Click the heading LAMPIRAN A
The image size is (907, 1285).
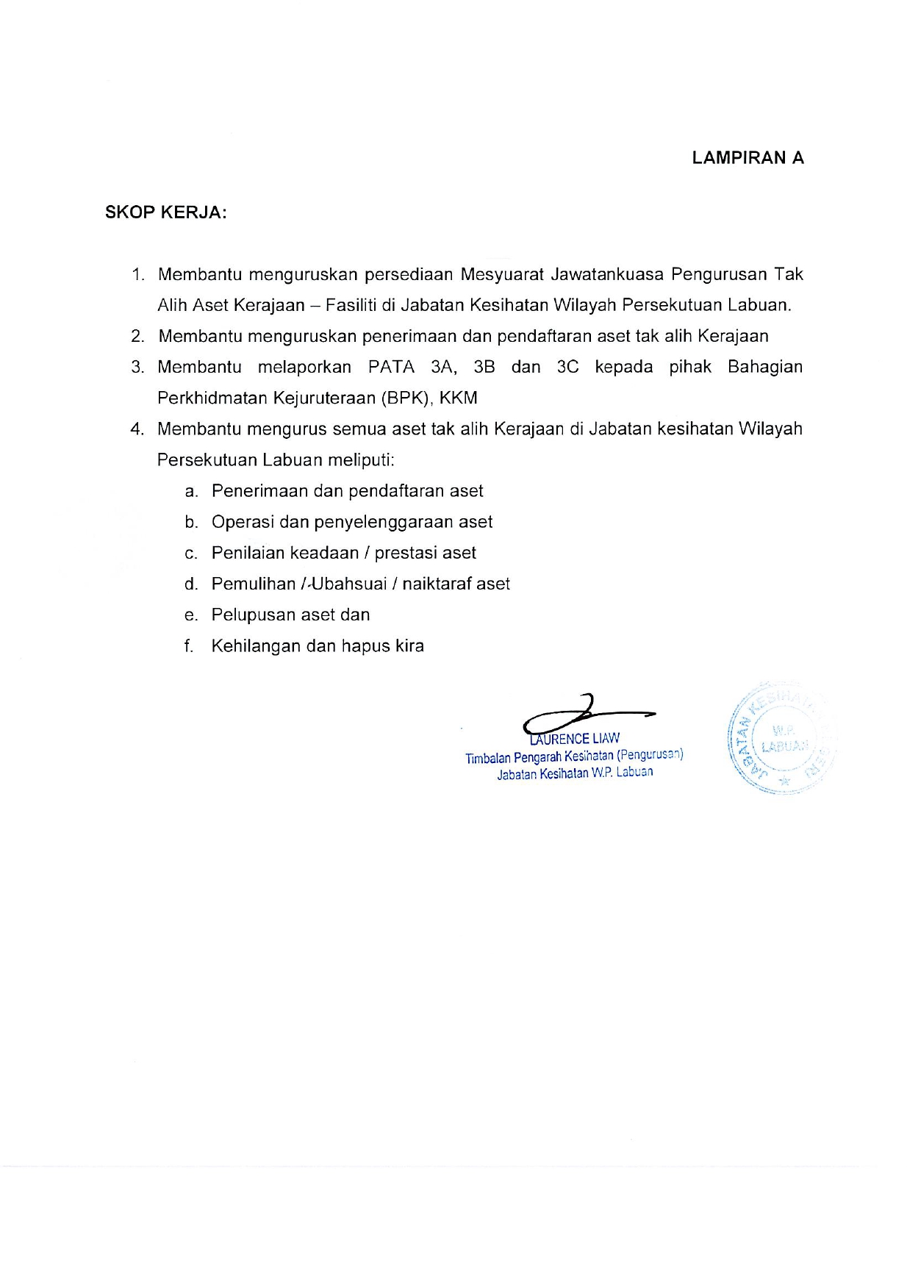(x=748, y=158)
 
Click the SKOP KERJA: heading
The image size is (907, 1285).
(x=166, y=212)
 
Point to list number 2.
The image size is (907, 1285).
(x=137, y=337)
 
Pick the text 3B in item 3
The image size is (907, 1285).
(x=484, y=367)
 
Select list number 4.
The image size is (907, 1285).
(x=137, y=429)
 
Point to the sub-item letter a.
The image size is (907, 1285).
(x=191, y=491)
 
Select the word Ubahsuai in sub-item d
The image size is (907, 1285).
(x=349, y=584)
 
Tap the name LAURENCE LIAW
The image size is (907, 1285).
(x=576, y=739)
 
